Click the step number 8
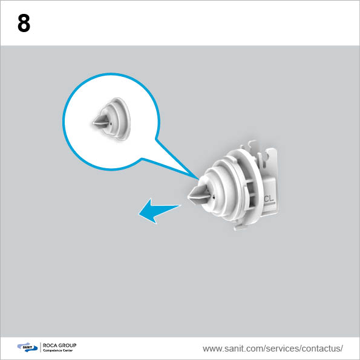coord(24,23)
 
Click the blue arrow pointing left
coord(159,211)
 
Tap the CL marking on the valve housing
coord(269,199)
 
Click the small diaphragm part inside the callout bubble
coord(112,119)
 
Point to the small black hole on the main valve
coord(214,197)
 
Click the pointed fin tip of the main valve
coord(188,197)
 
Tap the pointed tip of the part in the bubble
coord(93,123)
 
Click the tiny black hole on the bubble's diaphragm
coord(111,123)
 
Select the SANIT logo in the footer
coord(27,347)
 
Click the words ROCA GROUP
coord(59,345)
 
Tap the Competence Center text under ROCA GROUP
coord(58,350)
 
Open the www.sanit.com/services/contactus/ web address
coord(273,349)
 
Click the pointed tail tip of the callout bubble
coord(198,179)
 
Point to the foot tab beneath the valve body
coord(239,227)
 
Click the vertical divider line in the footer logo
coord(41,347)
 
